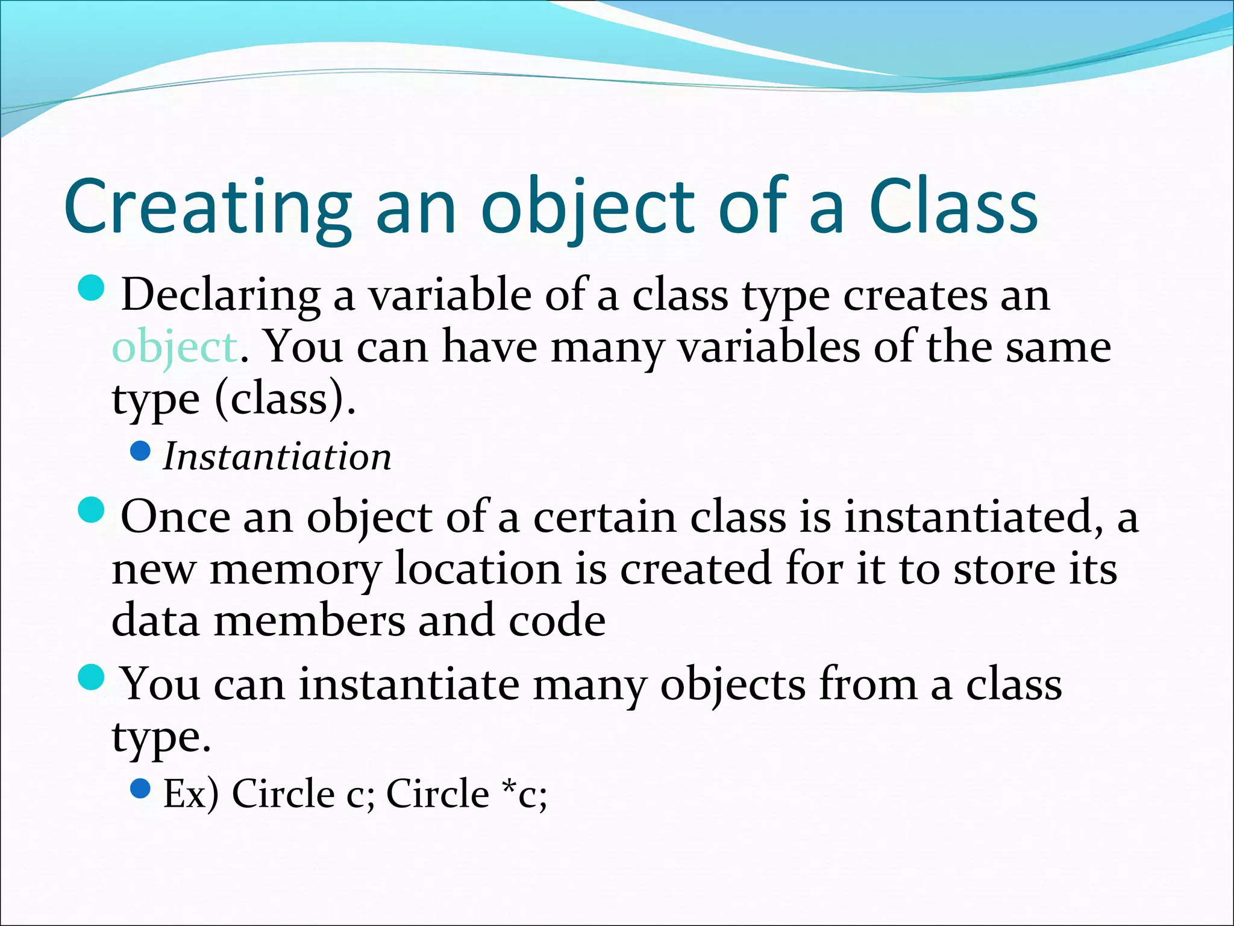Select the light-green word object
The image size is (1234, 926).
point(175,348)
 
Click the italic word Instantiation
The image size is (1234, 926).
point(277,456)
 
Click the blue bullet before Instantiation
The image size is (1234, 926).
point(140,451)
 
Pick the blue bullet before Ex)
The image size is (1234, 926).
point(140,788)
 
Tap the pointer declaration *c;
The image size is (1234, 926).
point(525,794)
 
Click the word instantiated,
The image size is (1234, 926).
point(974,517)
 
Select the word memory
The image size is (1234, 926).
point(295,570)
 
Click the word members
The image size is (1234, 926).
point(310,621)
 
